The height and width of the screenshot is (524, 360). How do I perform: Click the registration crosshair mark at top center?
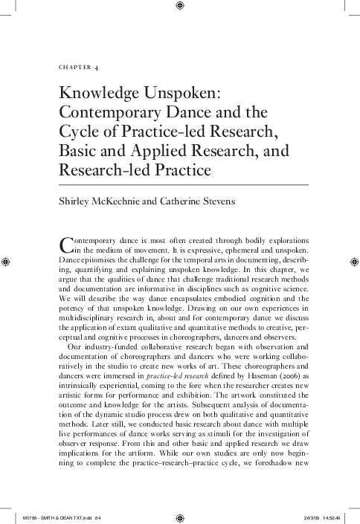coord(180,7)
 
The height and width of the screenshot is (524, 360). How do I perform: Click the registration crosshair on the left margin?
coord(7,262)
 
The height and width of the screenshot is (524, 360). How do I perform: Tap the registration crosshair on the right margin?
coord(353,262)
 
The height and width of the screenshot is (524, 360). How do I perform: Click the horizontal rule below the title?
coord(183,184)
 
